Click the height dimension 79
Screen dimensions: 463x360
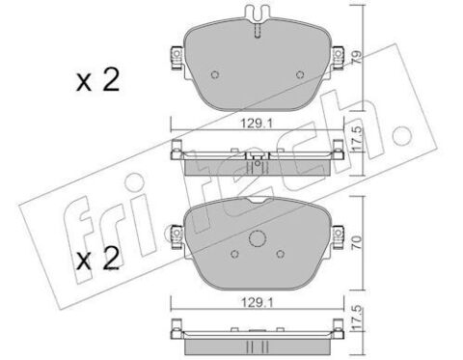click(357, 57)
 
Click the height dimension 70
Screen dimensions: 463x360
click(357, 243)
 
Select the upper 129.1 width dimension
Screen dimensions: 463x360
click(257, 123)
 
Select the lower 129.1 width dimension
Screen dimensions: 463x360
click(257, 302)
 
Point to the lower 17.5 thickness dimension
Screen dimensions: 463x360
click(357, 318)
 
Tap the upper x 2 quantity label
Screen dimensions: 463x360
click(97, 80)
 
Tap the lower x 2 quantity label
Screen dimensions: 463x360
click(97, 260)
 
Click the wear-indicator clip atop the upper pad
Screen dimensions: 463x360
click(258, 14)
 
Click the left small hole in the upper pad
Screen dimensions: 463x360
click(215, 74)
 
